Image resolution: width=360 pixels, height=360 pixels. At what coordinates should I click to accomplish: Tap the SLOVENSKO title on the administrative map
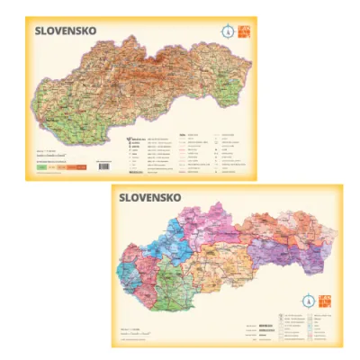[x=149, y=196]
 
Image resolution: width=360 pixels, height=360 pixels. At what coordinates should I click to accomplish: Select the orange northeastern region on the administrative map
[x=297, y=229]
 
